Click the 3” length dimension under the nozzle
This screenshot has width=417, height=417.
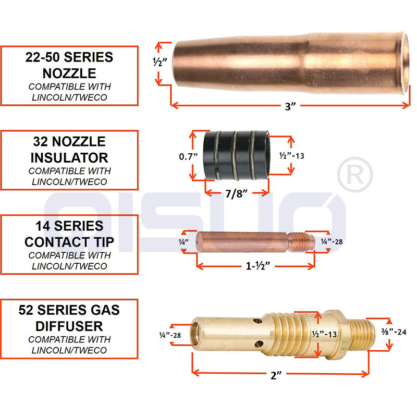[x=290, y=106]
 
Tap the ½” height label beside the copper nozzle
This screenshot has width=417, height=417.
[x=160, y=62]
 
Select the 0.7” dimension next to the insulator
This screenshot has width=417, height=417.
[x=188, y=156]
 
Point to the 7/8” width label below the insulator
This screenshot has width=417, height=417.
[x=236, y=193]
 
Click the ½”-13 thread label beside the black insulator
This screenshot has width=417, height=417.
[x=292, y=155]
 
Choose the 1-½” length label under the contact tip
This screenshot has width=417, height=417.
[x=257, y=265]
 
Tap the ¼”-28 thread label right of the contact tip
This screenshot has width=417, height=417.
[x=332, y=241]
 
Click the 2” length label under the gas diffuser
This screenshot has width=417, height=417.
[x=276, y=375]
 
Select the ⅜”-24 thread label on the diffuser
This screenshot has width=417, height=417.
[x=394, y=332]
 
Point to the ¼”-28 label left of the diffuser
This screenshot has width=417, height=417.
[x=170, y=335]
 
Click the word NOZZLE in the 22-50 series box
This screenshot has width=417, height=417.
[x=69, y=73]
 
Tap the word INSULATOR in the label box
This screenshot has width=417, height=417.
[x=69, y=158]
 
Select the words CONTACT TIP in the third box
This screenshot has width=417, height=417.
[x=69, y=242]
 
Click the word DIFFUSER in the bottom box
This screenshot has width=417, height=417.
[x=69, y=326]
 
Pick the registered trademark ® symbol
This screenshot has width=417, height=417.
[x=355, y=175]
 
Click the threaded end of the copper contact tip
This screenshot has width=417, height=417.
[x=302, y=242]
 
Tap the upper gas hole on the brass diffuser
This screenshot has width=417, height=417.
[x=257, y=321]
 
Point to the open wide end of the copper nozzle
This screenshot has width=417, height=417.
[x=404, y=63]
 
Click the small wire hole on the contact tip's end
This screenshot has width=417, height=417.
[x=198, y=242]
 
